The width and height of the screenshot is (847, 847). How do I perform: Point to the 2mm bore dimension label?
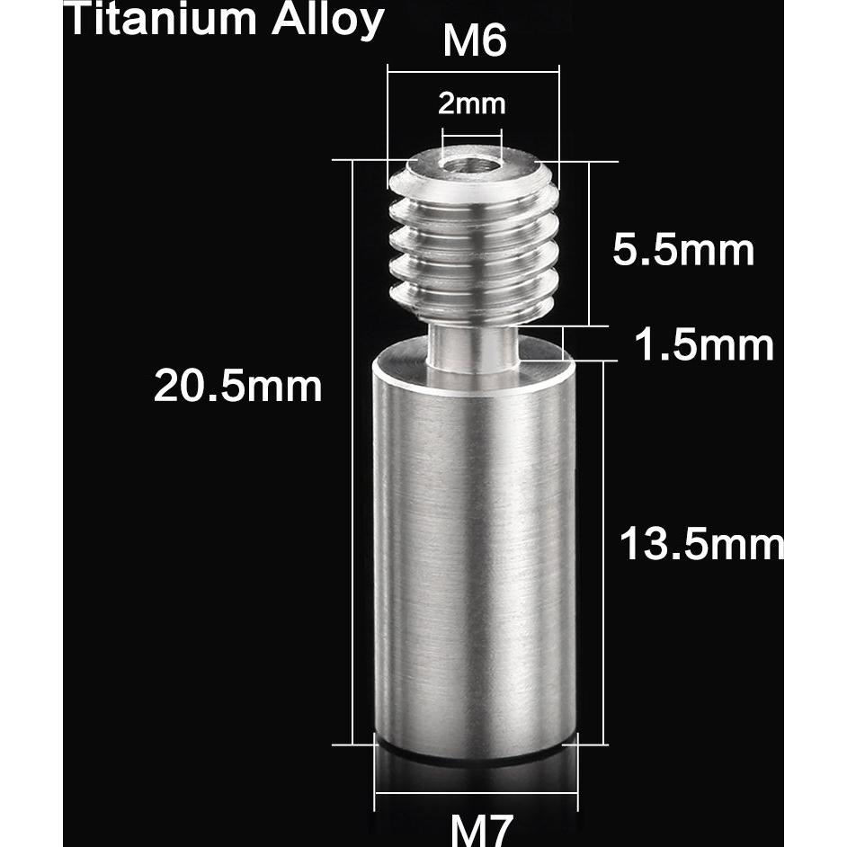click(471, 104)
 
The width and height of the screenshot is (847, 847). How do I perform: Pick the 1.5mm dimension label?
click(704, 344)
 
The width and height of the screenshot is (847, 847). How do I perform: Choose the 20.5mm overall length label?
click(237, 387)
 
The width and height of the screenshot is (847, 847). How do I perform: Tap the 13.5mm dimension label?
click(701, 545)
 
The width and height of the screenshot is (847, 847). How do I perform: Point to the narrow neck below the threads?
click(473, 346)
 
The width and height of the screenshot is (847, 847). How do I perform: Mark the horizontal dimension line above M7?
click(476, 794)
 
